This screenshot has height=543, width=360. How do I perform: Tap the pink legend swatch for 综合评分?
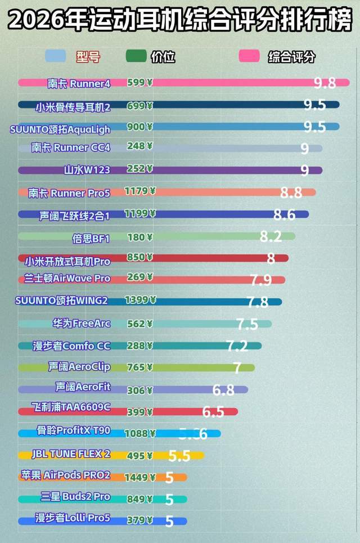pos(249,56)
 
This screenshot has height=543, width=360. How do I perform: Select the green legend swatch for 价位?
pos(137,56)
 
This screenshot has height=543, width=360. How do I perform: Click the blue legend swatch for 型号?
pos(56,56)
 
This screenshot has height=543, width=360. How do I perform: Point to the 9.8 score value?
pos(325,83)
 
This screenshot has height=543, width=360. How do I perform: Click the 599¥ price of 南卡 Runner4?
pos(140,83)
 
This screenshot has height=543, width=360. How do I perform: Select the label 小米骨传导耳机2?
pos(73,106)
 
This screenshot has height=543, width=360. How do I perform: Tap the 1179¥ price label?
pos(140,191)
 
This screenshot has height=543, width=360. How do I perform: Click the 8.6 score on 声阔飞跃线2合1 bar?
pos(284,214)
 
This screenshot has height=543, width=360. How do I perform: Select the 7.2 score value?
pos(237,346)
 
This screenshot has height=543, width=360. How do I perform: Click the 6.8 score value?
pos(223,389)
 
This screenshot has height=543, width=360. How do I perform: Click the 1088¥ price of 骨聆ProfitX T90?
pos(140,434)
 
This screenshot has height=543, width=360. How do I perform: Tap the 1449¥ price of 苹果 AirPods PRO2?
pos(140,477)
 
